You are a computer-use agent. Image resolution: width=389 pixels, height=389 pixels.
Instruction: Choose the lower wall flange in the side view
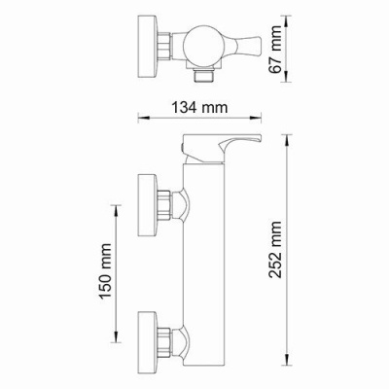pos(149,340)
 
